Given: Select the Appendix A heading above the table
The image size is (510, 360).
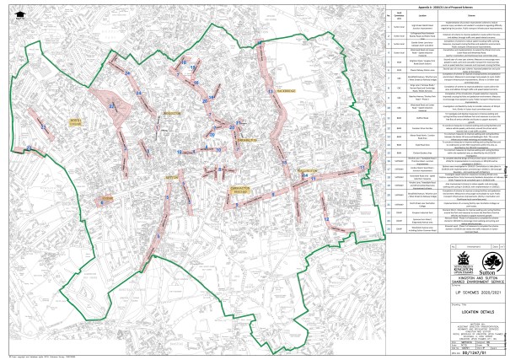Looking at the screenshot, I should pyautogui.click(x=443, y=6).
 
